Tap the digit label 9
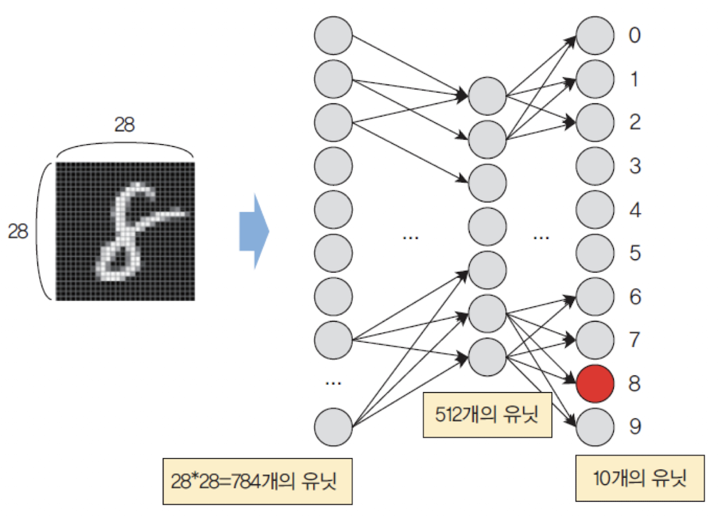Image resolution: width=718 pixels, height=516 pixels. coord(634,427)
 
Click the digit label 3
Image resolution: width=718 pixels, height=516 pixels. coord(634,167)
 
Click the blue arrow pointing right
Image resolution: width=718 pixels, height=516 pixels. coord(254,231)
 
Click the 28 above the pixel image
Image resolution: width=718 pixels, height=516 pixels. coord(124,125)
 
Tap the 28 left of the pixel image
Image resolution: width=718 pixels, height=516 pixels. coord(18,231)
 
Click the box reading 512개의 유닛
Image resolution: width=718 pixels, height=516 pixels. coord(486,414)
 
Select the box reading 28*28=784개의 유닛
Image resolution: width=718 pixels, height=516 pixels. coord(257,482)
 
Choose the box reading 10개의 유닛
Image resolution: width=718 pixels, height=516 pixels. coord(640,478)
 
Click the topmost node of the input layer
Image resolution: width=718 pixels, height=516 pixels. coord(333,36)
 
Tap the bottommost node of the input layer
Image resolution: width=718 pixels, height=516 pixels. coord(333,427)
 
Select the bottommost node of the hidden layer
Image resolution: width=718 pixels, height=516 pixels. coord(487,357)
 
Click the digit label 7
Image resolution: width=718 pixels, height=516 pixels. coord(634,340)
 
